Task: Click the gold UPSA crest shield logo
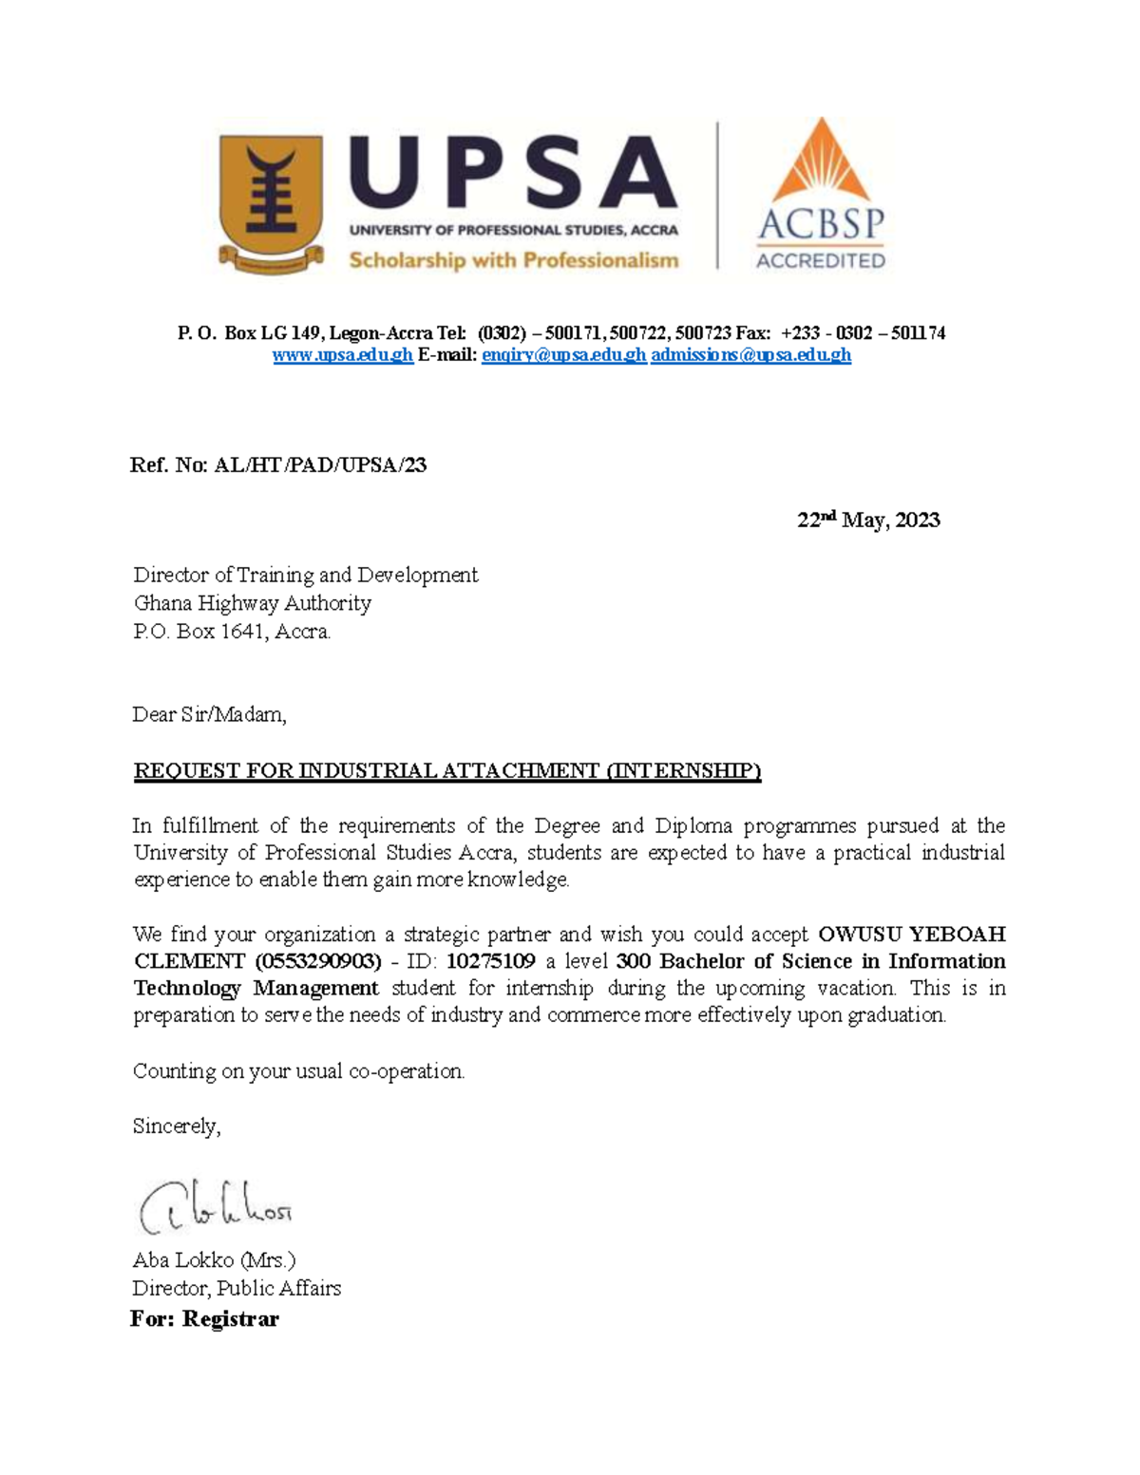(271, 201)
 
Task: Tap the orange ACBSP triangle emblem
(820, 161)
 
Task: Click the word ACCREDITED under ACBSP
(820, 260)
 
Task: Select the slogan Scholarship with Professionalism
(513, 260)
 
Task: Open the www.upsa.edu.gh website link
(342, 355)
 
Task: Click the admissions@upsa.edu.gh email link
(750, 355)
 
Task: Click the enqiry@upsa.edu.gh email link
(563, 355)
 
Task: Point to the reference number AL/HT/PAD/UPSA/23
(320, 465)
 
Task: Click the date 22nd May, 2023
(867, 520)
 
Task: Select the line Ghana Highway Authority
(252, 603)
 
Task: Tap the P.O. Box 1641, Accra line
(232, 632)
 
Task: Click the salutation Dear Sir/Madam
(209, 714)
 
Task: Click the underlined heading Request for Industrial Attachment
(446, 770)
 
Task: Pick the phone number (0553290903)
(318, 961)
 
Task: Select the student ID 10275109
(490, 961)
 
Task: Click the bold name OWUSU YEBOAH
(911, 934)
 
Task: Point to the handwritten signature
(215, 1207)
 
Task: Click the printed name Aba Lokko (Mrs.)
(214, 1260)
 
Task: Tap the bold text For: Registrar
(204, 1319)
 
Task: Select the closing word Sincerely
(176, 1126)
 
